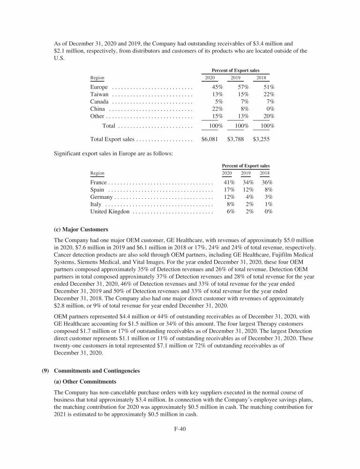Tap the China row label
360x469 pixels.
click(x=97, y=109)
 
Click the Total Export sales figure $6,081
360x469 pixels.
click(x=210, y=139)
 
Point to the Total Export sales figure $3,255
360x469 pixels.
click(x=261, y=139)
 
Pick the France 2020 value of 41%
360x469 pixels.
click(x=229, y=182)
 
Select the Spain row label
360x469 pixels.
click(x=97, y=190)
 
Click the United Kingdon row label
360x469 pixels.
click(x=110, y=212)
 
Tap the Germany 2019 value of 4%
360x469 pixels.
click(x=249, y=197)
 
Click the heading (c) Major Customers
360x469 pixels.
click(x=81, y=230)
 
